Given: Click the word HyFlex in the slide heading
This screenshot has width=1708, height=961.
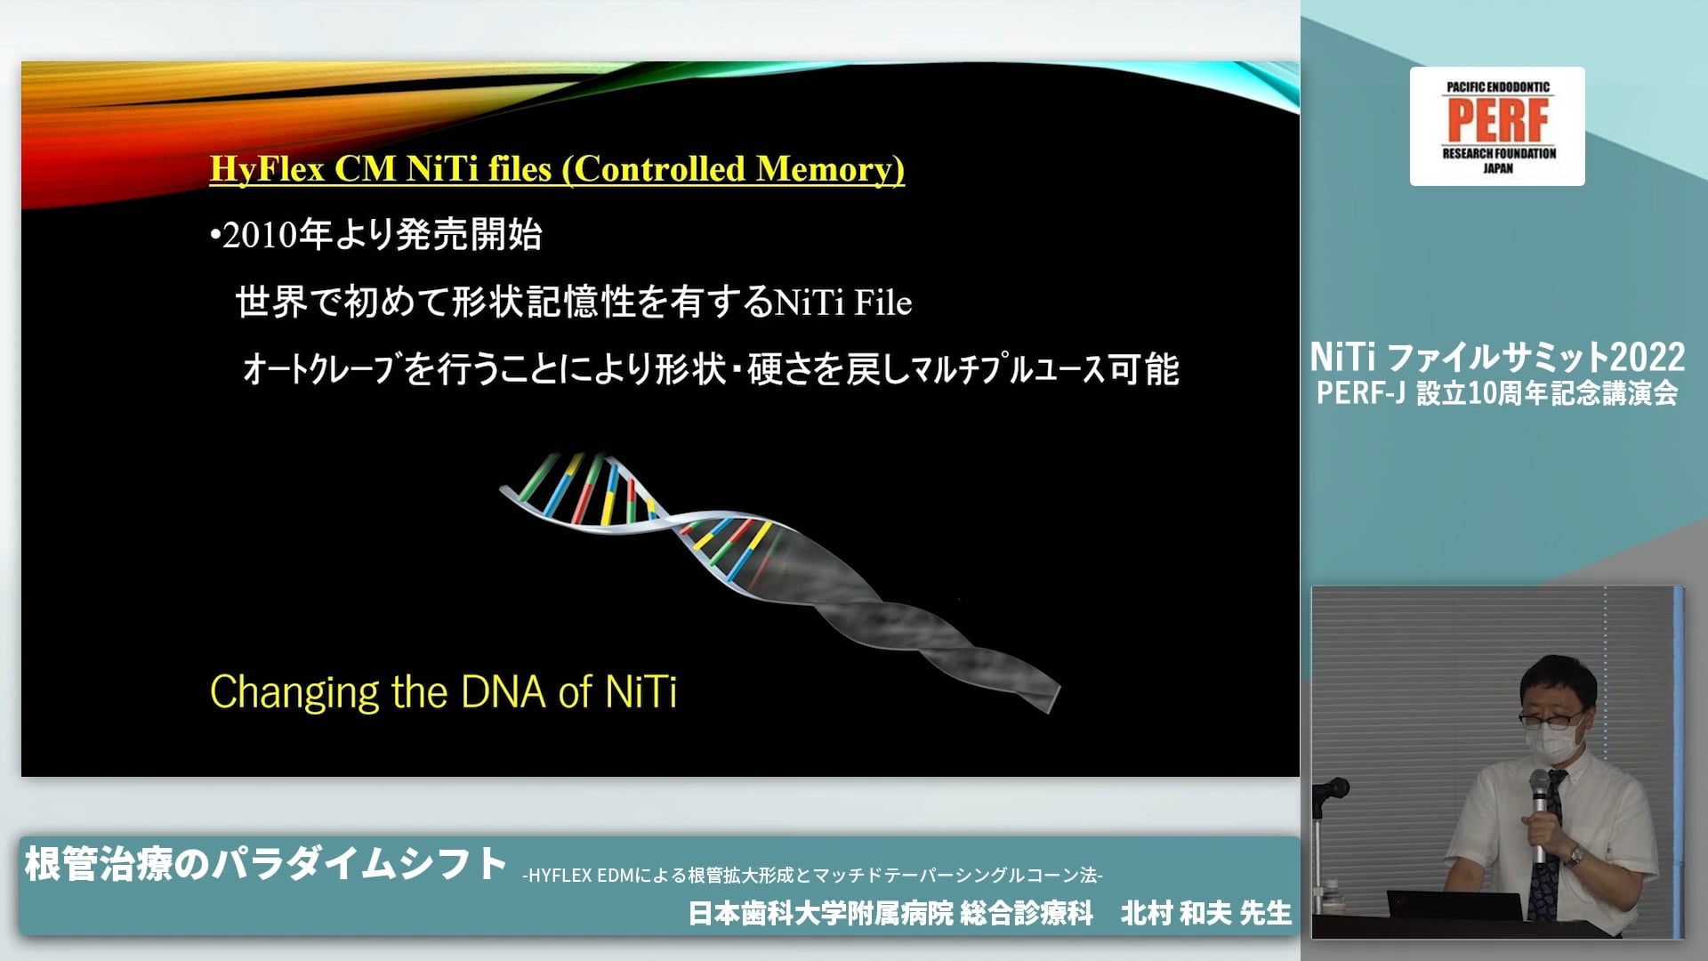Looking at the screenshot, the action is (x=267, y=169).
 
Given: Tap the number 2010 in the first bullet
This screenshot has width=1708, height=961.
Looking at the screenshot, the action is (x=259, y=236).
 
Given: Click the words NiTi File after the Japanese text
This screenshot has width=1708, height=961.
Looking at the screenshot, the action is (x=843, y=303).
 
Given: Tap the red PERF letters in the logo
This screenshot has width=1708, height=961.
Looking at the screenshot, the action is (x=1498, y=120).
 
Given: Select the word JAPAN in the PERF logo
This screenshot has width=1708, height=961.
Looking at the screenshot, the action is (x=1498, y=168).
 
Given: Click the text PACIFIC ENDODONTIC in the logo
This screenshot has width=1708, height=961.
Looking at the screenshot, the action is (x=1498, y=87).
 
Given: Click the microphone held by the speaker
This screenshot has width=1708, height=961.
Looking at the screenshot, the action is (x=1540, y=814).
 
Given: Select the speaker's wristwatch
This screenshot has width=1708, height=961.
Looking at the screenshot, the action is (x=1575, y=855).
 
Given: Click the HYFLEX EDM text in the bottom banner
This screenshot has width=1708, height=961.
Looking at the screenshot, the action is (x=581, y=876).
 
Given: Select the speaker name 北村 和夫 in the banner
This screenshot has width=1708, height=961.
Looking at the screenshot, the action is (x=1176, y=913).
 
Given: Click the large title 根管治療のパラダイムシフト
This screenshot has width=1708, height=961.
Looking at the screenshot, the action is (x=266, y=863).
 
